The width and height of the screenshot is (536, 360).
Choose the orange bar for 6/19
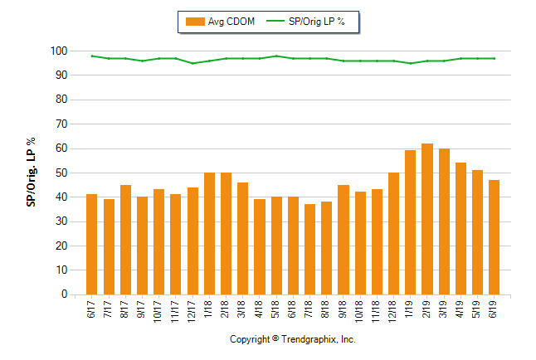pos(495,237)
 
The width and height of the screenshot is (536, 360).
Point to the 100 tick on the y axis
pos(58,51)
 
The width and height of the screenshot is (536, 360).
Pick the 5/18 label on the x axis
pos(276,310)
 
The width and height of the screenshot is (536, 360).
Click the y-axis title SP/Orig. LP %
pos(31,173)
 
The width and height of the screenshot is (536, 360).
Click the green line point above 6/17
pos(92,56)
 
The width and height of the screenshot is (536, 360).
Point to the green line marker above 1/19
pos(411,63)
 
